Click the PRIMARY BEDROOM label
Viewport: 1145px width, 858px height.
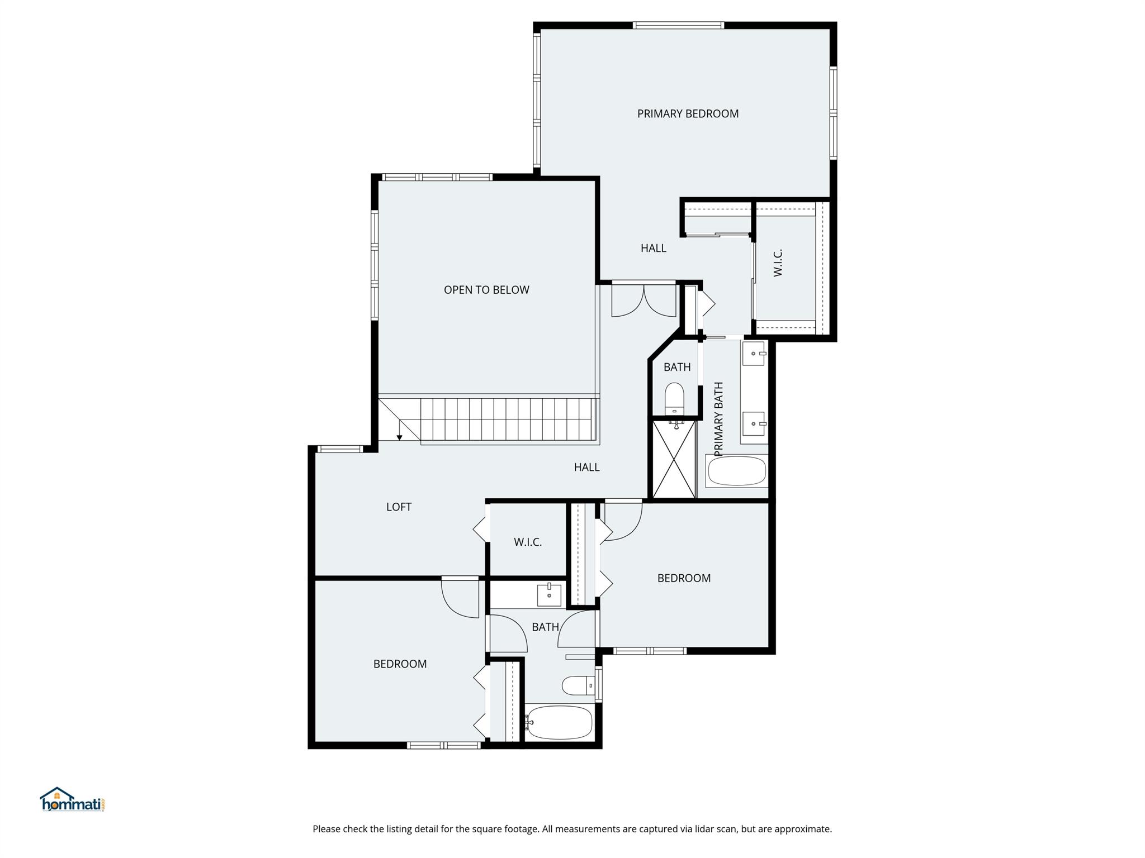click(688, 114)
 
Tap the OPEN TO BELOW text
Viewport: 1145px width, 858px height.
click(486, 290)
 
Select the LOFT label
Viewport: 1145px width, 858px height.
click(399, 507)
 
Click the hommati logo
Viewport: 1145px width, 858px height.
click(72, 799)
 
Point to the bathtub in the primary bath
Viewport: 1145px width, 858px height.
click(736, 471)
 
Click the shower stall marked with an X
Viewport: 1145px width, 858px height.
click(674, 459)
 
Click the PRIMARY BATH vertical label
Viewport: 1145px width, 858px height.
click(719, 419)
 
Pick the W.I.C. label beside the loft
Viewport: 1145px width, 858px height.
click(528, 542)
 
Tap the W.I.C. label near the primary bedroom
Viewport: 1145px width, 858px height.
click(778, 263)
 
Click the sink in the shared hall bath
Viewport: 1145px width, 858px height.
click(550, 595)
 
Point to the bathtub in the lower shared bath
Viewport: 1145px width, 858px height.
click(560, 723)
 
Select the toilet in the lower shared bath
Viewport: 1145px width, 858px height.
click(579, 685)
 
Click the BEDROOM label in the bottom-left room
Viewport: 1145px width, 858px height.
click(400, 664)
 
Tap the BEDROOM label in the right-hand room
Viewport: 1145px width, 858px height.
click(684, 579)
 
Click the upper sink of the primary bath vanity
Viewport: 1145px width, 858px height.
click(754, 354)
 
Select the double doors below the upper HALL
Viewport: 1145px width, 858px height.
click(644, 301)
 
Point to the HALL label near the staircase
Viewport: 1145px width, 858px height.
click(587, 468)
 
